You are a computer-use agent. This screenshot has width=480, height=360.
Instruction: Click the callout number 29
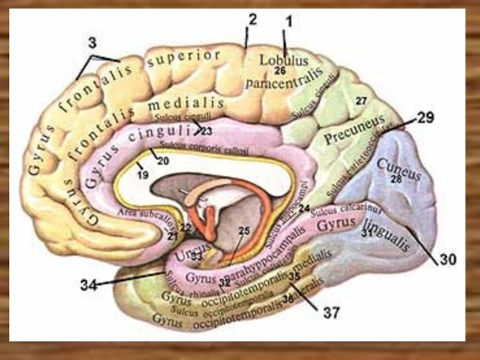pos(425,118)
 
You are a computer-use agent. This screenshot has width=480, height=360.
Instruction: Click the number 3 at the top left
pos(92,43)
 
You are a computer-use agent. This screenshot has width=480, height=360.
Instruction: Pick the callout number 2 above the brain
pos(252,20)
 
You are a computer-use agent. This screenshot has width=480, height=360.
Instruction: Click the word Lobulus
pos(283,61)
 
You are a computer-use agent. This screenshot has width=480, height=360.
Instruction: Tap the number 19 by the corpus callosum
pos(142,176)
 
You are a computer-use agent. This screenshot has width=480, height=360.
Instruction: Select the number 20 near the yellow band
pos(163,160)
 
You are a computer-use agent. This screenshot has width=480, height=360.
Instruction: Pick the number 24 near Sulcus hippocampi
pos(305,208)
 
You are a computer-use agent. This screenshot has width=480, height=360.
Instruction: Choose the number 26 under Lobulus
pos(280,70)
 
